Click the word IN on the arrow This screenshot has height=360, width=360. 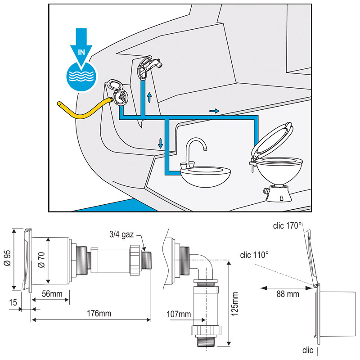click(x=81, y=52)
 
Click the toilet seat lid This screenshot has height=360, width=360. click(x=273, y=139)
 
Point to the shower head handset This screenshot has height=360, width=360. click(x=148, y=66)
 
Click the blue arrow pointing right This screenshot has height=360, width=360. click(x=214, y=110)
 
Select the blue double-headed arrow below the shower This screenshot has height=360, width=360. click(x=149, y=97)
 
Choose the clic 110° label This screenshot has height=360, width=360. click(x=254, y=254)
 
